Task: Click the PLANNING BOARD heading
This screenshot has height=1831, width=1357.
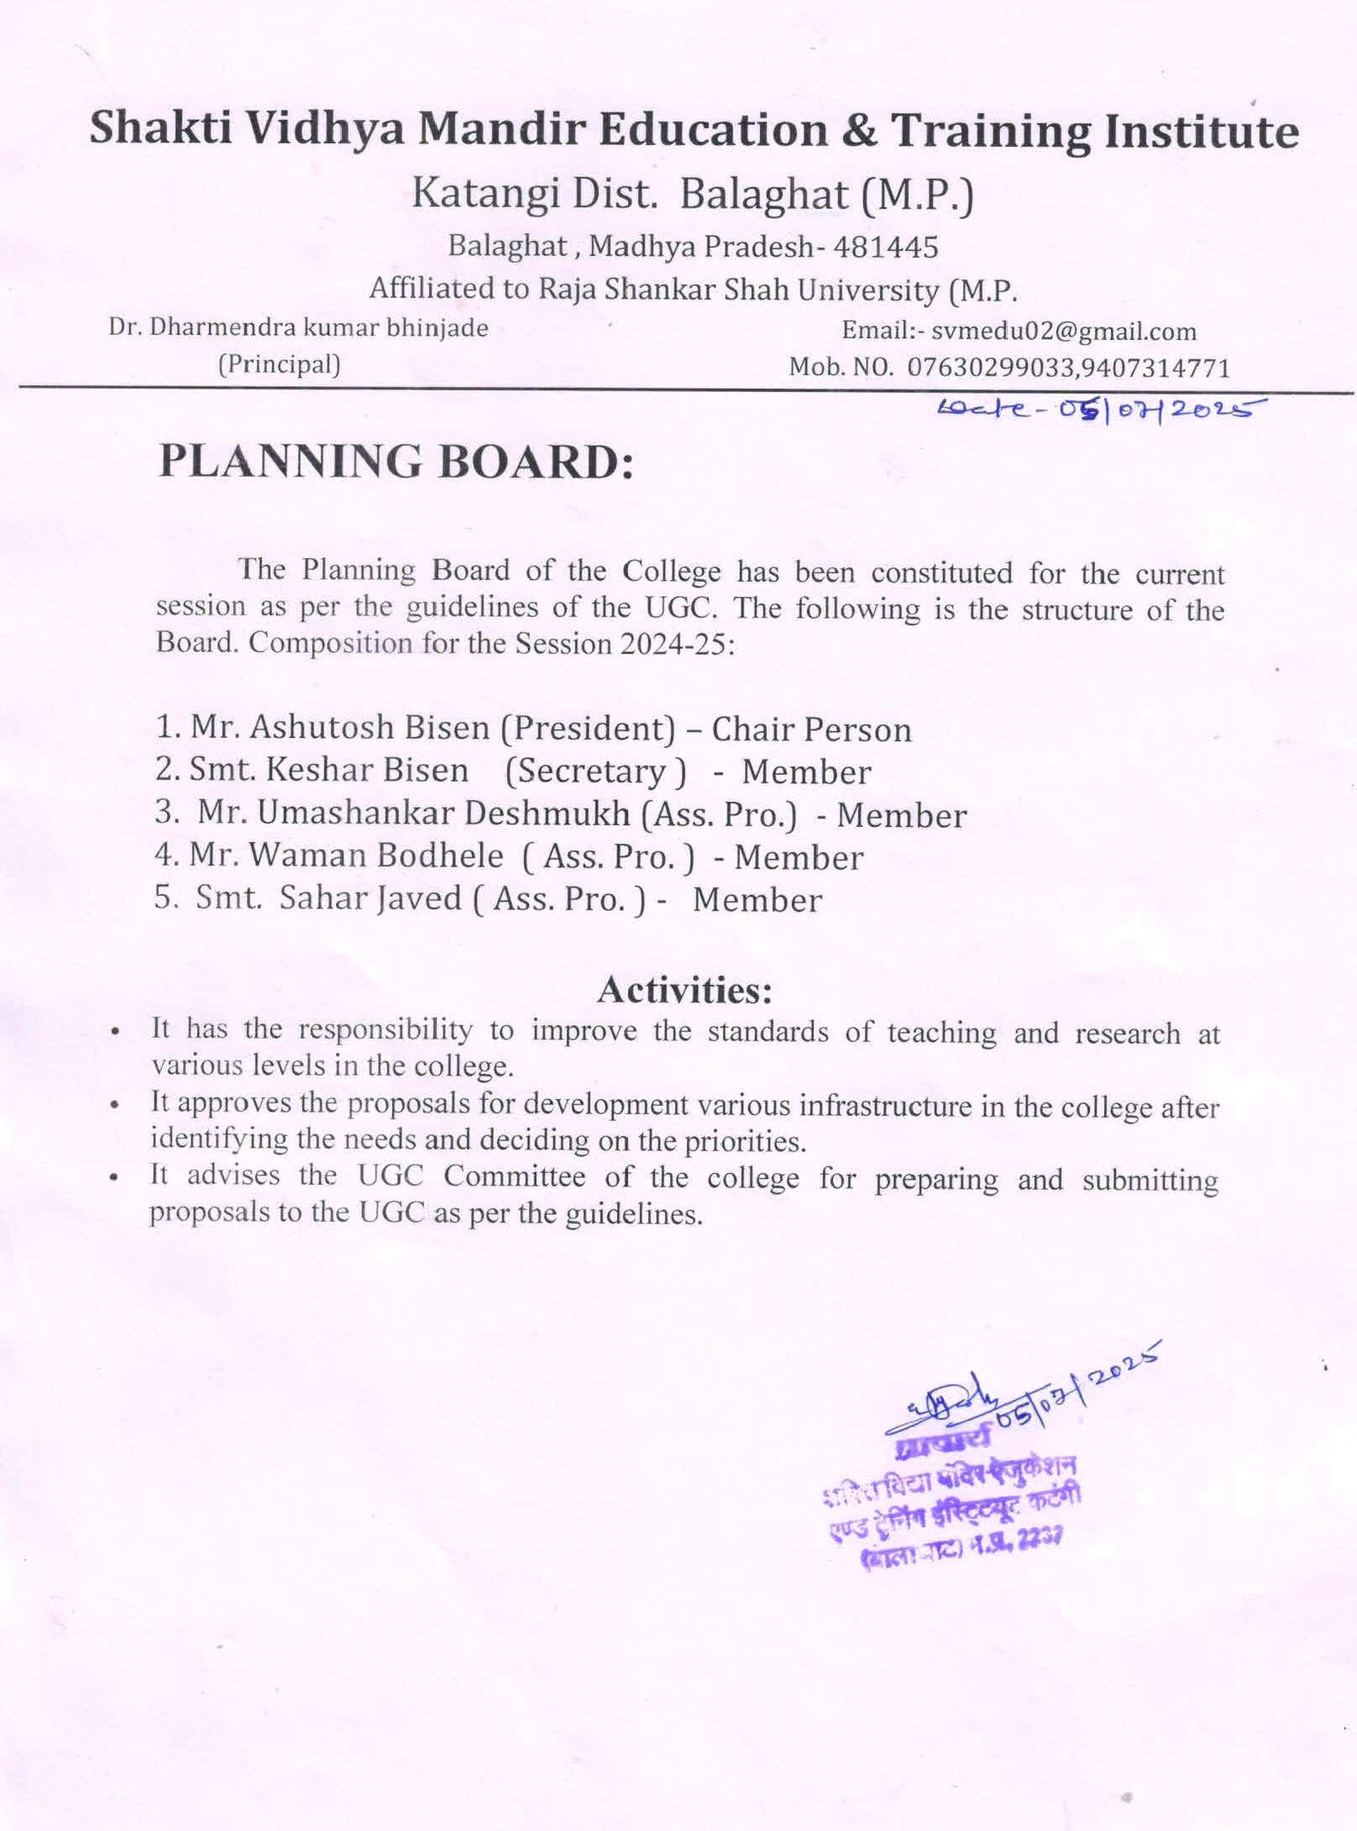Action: [x=396, y=463]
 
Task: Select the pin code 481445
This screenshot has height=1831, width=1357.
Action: [x=886, y=247]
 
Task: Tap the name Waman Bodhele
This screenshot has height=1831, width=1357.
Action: [x=377, y=856]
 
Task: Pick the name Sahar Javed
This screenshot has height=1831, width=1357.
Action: [x=371, y=898]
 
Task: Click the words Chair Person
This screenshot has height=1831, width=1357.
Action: [x=812, y=729]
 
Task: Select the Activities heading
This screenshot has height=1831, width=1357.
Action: [x=684, y=990]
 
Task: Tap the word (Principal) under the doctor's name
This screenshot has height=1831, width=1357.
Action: [x=279, y=365]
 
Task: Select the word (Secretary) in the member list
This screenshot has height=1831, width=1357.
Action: [x=595, y=771]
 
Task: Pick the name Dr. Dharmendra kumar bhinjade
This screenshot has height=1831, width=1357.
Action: [x=299, y=328]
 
